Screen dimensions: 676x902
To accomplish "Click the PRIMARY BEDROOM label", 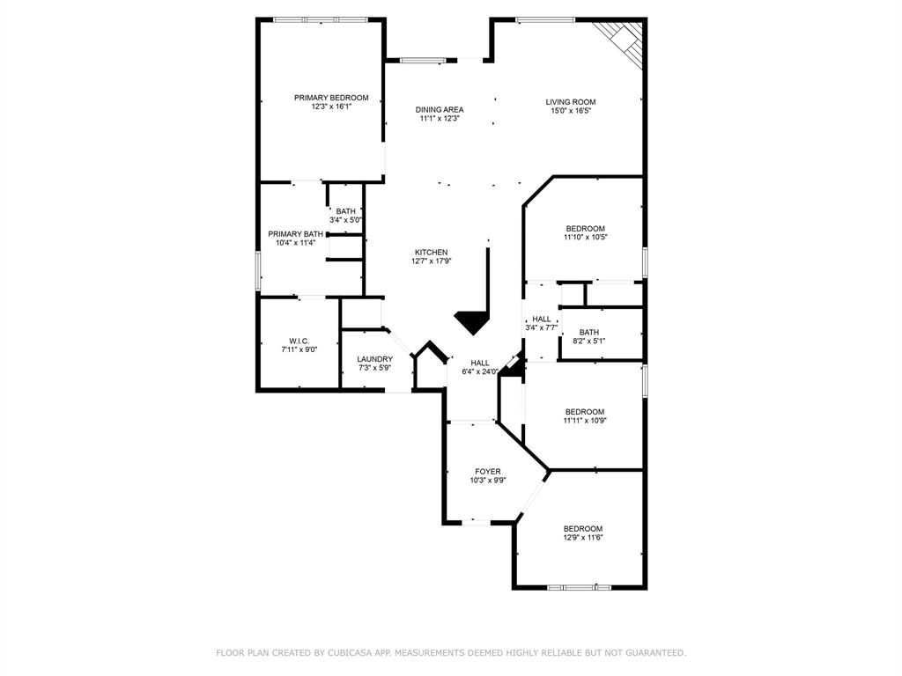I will point(331,98).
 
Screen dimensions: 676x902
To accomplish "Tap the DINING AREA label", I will point(440,110).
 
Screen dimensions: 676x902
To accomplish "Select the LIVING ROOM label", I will point(571,102).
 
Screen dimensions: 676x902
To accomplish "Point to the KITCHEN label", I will point(432,253).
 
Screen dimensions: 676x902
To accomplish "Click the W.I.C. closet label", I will point(299,342).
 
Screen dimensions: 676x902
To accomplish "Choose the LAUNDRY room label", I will point(374,359).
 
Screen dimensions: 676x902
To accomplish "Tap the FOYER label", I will point(488,472).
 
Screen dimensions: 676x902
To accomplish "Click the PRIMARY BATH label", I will point(295,234).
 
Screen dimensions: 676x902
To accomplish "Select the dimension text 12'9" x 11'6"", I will point(583,537).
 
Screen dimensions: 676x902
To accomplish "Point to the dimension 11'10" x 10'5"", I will point(586,237).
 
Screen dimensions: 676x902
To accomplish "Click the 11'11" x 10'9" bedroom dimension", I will point(585,420).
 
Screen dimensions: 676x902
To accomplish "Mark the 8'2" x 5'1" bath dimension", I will point(589,341).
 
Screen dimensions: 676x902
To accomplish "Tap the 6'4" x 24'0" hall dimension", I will point(479,371).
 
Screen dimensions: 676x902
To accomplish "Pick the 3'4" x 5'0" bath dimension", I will point(345,219).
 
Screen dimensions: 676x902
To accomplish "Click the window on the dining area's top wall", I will point(422,60).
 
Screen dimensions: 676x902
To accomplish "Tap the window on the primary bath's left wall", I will point(258,269).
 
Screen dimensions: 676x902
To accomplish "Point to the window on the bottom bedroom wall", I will point(579,586).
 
